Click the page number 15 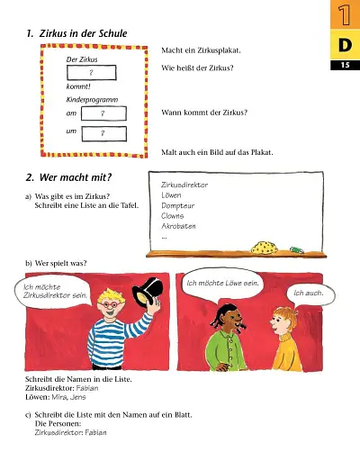tap(345, 65)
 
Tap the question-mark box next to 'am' tap(103, 113)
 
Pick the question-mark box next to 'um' tap(103, 133)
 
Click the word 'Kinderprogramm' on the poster tap(92, 99)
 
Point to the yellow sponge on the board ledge tap(265, 245)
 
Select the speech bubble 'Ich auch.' tap(309, 294)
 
